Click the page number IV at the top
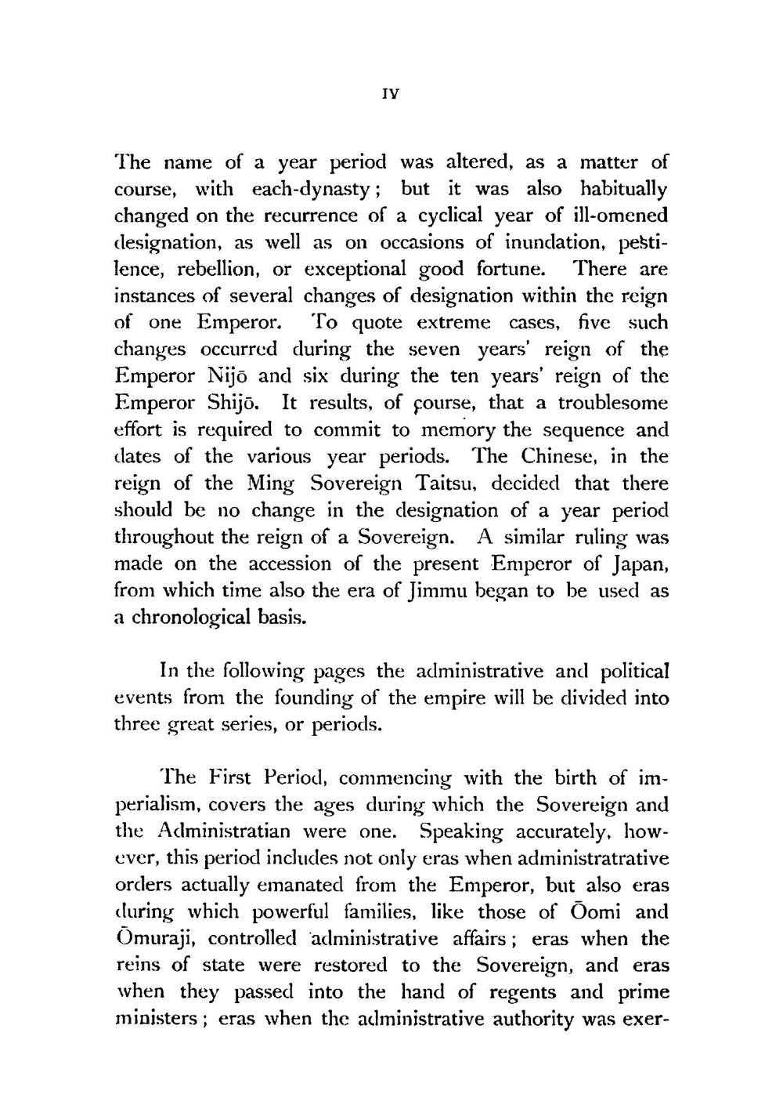click(391, 93)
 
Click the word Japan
click(637, 564)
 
